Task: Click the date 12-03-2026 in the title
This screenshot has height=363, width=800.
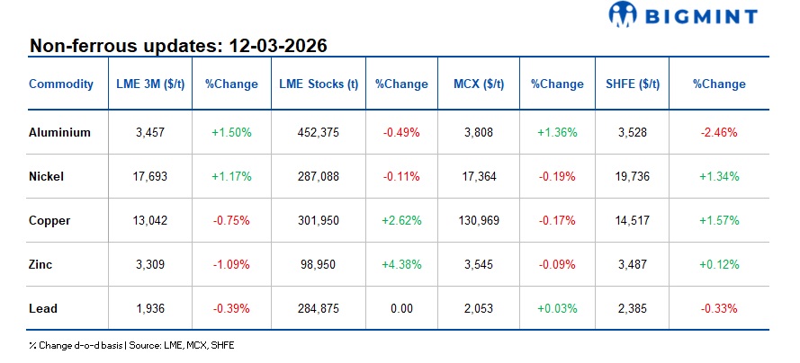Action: [x=276, y=45]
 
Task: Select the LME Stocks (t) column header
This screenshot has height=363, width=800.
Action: [x=319, y=84]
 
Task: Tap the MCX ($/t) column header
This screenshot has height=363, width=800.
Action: [x=479, y=84]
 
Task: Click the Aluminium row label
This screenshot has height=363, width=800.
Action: [x=59, y=132]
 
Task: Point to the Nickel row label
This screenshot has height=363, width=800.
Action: [x=47, y=176]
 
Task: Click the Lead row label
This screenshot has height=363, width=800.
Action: [x=42, y=308]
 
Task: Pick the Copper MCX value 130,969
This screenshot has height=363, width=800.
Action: [x=479, y=220]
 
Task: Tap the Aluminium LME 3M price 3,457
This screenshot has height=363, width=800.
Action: [x=150, y=132]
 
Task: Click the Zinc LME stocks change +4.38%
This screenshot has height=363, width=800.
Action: [x=400, y=264]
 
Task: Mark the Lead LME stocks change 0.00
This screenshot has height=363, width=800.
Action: [x=400, y=308]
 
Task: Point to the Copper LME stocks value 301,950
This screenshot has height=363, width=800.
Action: [x=319, y=220]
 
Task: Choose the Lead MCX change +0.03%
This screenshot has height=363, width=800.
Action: [x=556, y=308]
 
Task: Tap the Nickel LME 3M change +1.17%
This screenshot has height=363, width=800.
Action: [x=231, y=176]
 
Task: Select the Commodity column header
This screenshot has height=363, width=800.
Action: [x=61, y=84]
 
